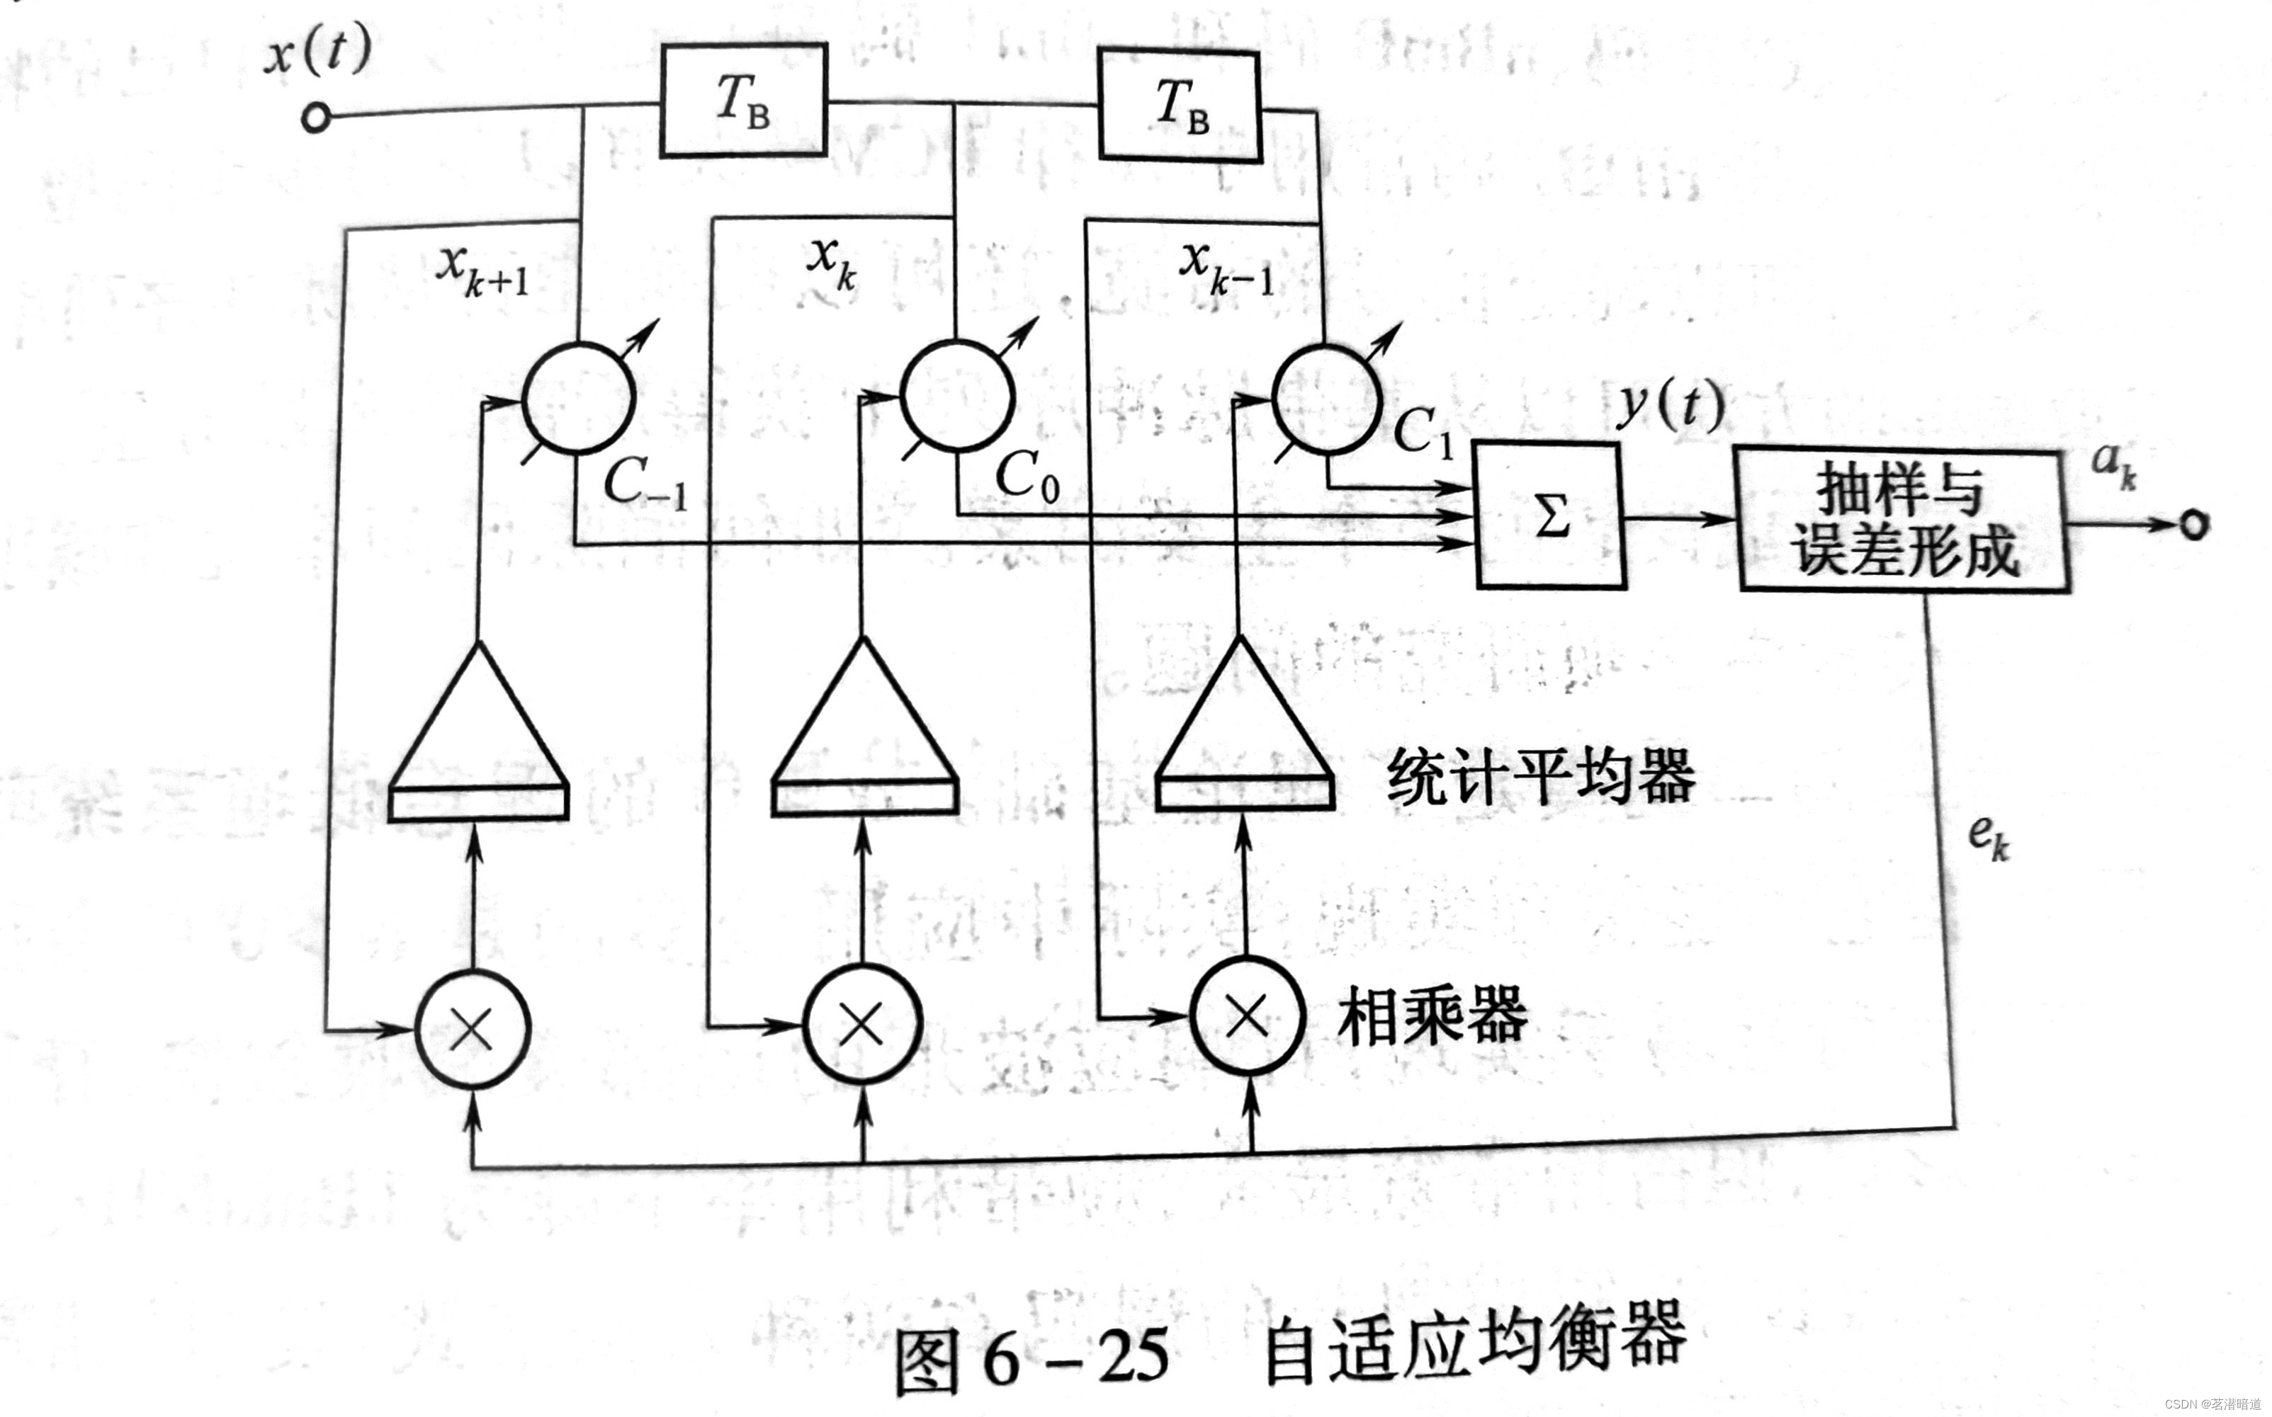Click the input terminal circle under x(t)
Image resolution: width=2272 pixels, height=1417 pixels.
point(316,119)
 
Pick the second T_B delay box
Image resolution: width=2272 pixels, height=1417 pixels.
point(1179,106)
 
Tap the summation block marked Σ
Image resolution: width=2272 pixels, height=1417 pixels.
point(1550,516)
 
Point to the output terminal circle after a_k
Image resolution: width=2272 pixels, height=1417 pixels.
point(2194,524)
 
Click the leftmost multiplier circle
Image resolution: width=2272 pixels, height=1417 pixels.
point(473,1029)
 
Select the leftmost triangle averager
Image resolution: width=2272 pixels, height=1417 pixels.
point(478,736)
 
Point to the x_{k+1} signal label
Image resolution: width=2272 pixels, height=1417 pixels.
point(482,271)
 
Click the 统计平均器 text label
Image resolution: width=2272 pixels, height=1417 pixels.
point(1541,776)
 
